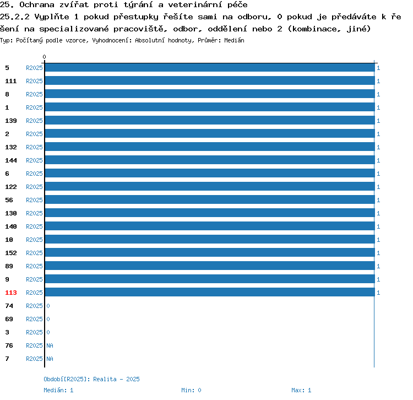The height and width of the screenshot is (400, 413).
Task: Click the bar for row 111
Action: coord(210,80)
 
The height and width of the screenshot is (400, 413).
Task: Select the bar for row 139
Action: coord(210,120)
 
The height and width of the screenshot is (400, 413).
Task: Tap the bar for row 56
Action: coord(210,199)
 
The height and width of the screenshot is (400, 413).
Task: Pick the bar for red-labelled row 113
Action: coord(210,292)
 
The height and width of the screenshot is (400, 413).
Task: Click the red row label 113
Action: coord(11,293)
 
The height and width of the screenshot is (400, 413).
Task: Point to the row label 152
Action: coord(11,253)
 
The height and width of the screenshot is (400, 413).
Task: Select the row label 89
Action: coord(9,266)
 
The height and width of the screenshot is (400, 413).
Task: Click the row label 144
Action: coord(11,160)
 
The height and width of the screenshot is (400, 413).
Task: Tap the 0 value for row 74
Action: coord(48,306)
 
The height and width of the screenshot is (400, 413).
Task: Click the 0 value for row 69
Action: coord(48,319)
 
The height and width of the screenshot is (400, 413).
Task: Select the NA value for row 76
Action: coord(50,345)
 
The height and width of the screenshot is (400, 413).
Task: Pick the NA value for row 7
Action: coord(50,359)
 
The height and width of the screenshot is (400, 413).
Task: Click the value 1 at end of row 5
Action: coord(378,68)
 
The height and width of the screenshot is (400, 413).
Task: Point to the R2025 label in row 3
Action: coord(34,332)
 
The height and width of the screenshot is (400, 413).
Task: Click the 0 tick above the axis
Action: coord(44,57)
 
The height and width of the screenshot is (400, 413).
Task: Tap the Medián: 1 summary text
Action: coord(58,390)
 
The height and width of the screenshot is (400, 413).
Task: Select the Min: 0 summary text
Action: coord(191,390)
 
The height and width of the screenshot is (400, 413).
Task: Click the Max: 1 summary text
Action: coord(301,390)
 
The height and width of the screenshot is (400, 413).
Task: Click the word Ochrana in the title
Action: coord(37,5)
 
